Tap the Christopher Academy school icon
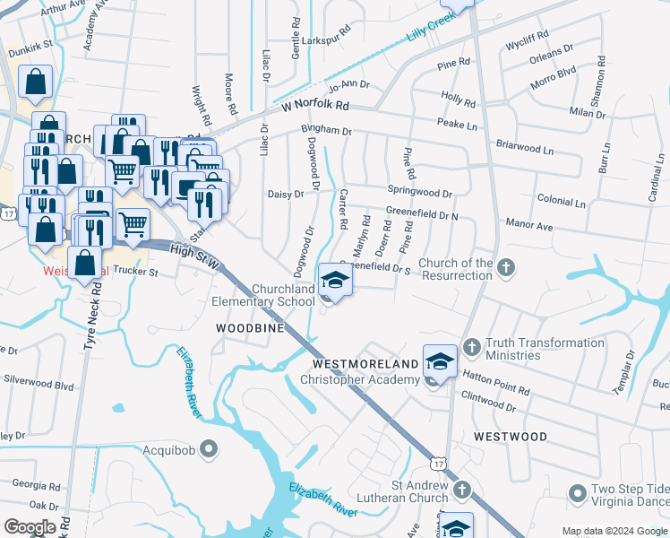pyautogui.click(x=439, y=360)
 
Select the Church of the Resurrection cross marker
pyautogui.click(x=506, y=266)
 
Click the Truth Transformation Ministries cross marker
pyautogui.click(x=472, y=346)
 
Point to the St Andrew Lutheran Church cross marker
pyautogui.click(x=461, y=490)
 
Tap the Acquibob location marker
pyautogui.click(x=210, y=447)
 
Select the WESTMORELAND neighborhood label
pyautogui.click(x=365, y=364)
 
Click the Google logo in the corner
pyautogui.click(x=31, y=527)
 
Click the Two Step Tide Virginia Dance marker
pyautogui.click(x=578, y=494)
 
